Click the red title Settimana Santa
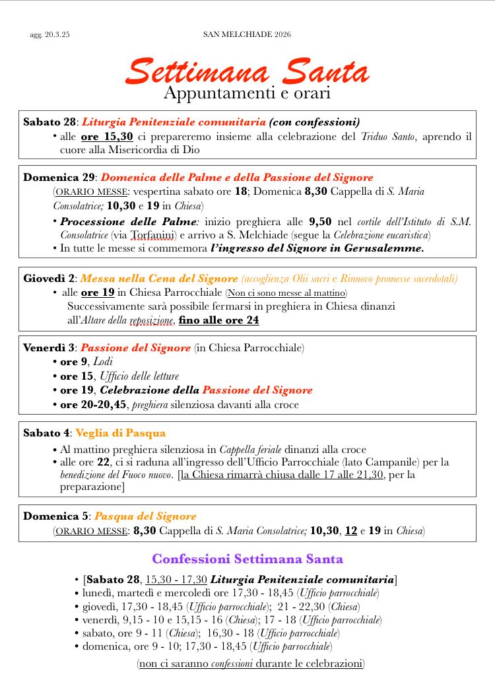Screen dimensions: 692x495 247,71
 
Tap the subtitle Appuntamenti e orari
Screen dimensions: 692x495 247,94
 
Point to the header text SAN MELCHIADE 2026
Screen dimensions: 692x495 247,34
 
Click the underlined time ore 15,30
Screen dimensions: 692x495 107,137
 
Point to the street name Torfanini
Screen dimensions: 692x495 154,234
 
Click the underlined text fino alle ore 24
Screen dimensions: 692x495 219,320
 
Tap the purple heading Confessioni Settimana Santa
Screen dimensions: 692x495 247,559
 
